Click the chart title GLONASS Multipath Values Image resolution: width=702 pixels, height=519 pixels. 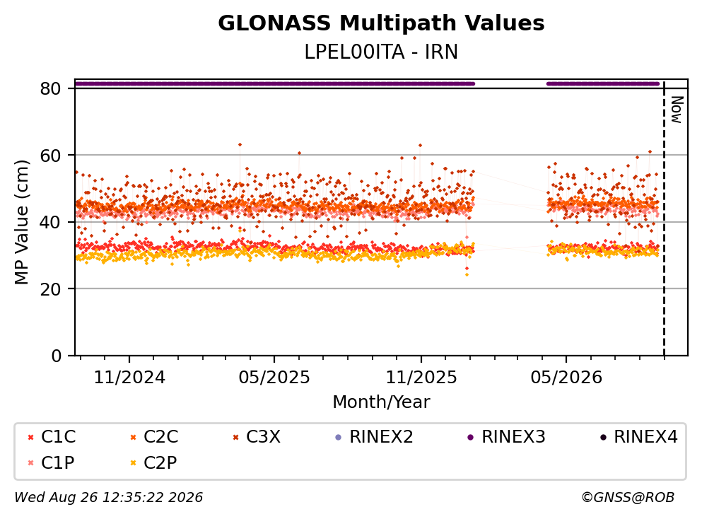point(381,23)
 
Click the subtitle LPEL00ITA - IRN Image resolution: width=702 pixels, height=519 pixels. point(381,52)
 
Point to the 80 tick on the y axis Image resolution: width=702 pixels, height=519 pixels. point(50,88)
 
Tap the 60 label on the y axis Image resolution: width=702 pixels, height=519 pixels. point(50,156)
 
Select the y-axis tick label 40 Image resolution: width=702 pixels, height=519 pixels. point(50,222)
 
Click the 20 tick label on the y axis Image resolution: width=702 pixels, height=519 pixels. point(50,288)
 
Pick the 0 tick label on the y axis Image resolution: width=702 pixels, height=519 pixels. point(56,356)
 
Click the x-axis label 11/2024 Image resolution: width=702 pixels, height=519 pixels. point(129,378)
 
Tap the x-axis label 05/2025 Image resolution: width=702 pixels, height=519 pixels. point(274,378)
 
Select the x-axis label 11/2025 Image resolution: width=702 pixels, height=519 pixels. point(421,378)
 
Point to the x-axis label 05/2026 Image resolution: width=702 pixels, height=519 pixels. point(566,378)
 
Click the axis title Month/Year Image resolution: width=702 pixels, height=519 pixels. point(381,402)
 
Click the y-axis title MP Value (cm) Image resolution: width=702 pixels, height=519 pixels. point(21,222)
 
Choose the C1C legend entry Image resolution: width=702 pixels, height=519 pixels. point(52,436)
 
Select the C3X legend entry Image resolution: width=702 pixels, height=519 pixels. point(257,436)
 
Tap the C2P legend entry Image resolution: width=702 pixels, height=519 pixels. point(153,462)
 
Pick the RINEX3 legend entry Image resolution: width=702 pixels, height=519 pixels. point(506,436)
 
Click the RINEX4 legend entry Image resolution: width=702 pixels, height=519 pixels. point(639,436)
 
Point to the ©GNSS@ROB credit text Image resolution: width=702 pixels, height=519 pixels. point(628,497)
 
